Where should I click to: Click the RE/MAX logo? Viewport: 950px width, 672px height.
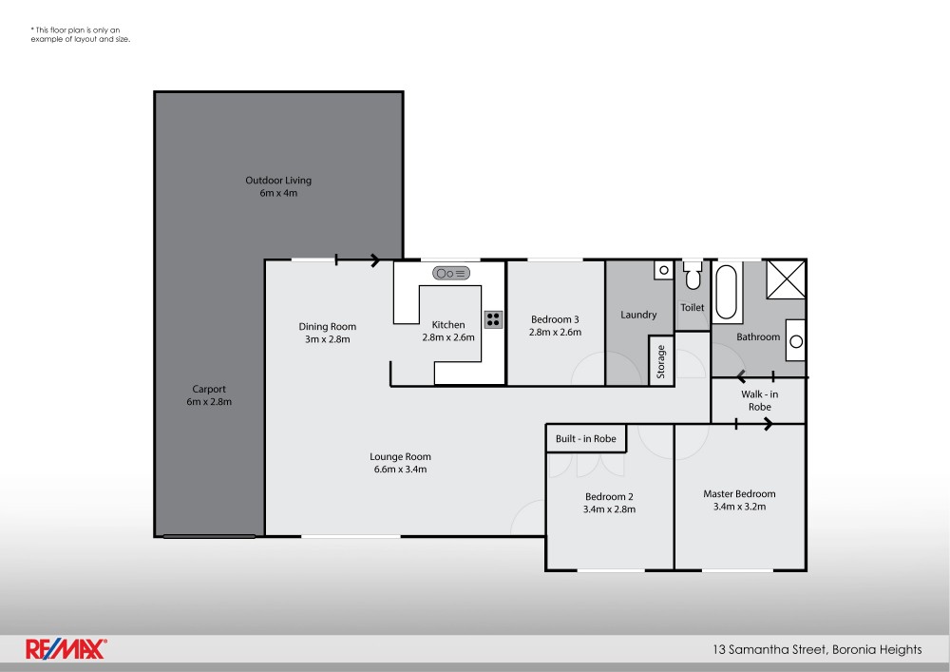(x=66, y=649)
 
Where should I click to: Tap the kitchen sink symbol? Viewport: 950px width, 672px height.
(x=451, y=274)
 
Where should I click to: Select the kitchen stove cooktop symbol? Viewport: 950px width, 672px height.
(x=493, y=319)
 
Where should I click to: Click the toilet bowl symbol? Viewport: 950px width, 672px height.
(x=693, y=278)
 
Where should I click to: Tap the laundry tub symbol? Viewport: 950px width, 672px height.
(x=662, y=270)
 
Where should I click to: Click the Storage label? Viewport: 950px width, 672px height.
(x=661, y=361)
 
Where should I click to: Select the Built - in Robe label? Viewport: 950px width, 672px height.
(x=586, y=439)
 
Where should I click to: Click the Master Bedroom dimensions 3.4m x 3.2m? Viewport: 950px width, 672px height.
(x=739, y=507)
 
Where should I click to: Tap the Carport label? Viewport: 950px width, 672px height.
(x=209, y=389)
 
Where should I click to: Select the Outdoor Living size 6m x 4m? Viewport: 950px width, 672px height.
(x=278, y=193)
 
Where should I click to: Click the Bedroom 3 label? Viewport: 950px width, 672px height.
(x=555, y=319)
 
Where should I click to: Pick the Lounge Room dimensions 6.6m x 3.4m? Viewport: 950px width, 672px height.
(x=400, y=469)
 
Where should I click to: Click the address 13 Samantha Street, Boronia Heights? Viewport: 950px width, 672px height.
(x=817, y=650)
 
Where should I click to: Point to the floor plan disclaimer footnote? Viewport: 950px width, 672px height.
(x=80, y=35)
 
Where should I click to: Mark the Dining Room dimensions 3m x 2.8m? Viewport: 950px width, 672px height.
(x=327, y=339)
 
